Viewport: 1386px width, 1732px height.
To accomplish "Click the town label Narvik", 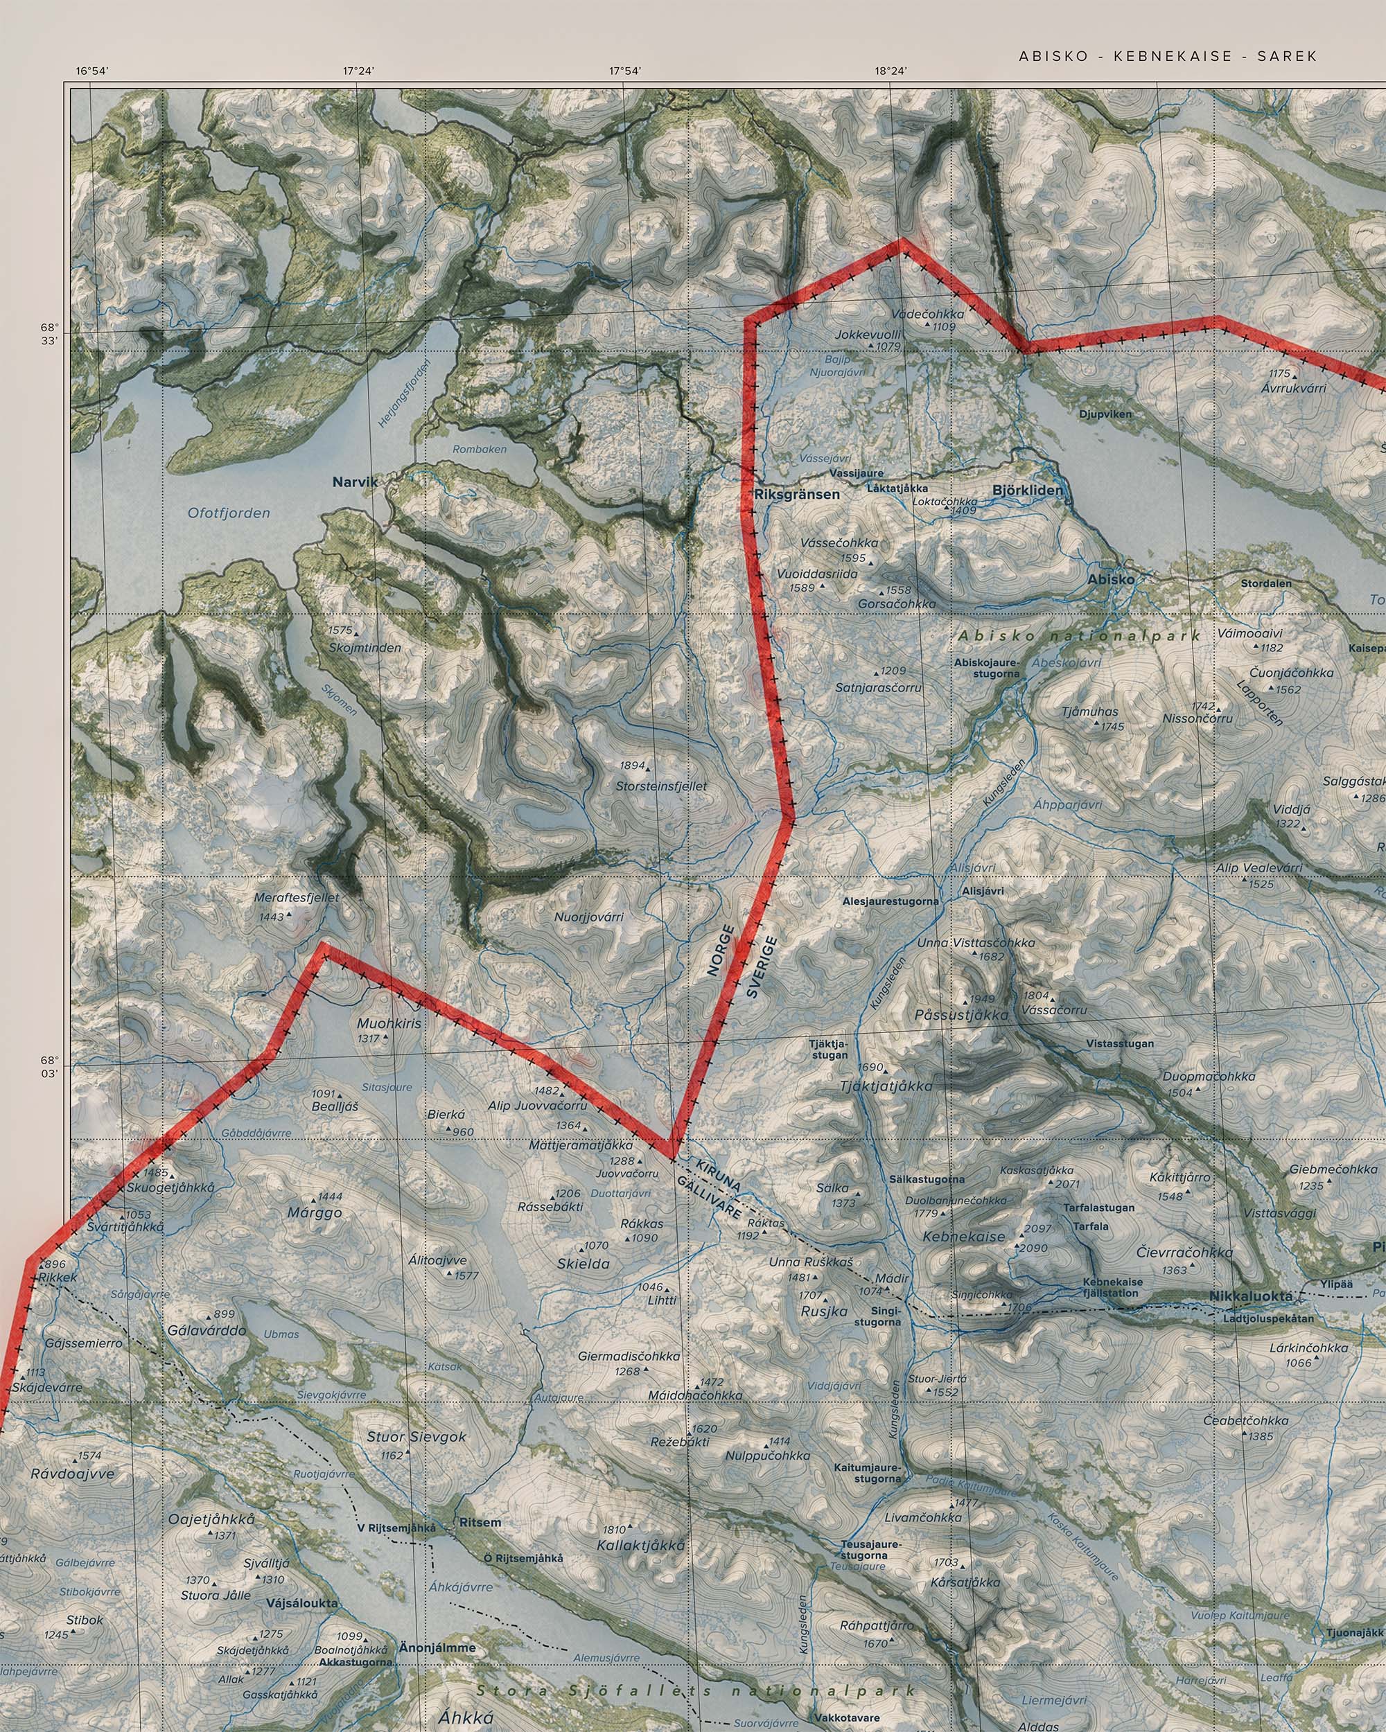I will (x=354, y=482).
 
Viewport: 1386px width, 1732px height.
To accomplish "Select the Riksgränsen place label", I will (x=797, y=494).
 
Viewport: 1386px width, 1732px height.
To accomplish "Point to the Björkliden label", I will (x=1027, y=490).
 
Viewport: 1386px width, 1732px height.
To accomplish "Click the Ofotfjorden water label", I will (x=229, y=513).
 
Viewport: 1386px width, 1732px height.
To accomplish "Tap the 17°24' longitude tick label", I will (x=358, y=71).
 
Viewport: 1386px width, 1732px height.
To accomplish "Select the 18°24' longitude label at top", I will (x=891, y=71).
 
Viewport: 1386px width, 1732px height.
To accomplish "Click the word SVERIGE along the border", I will (x=762, y=966).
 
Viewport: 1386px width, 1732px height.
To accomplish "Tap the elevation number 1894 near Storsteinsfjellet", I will (x=631, y=766).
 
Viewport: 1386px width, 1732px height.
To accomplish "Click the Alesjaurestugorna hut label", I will (x=891, y=901).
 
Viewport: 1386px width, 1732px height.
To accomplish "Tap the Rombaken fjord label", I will (x=480, y=449).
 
